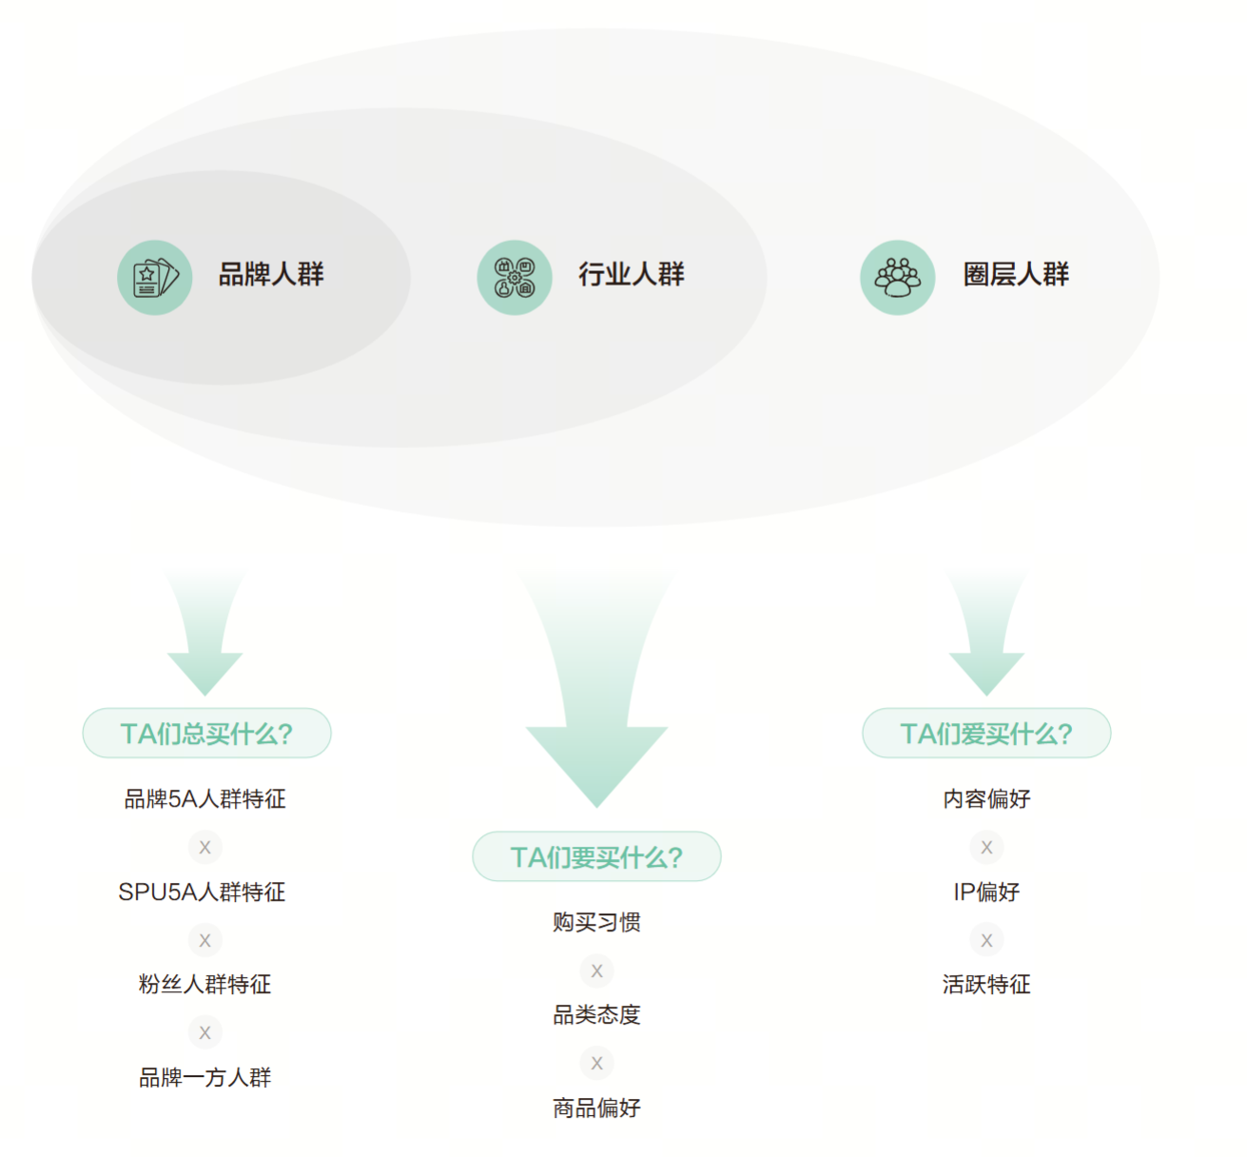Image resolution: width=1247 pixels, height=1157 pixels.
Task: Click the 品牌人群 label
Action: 271,275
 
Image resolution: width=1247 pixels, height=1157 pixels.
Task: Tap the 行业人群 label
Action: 632,275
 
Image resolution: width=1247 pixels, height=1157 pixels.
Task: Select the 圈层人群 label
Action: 1016,275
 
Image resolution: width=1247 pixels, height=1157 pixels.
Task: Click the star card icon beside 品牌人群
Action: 155,277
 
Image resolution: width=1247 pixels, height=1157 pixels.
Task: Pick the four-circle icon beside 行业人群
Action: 515,277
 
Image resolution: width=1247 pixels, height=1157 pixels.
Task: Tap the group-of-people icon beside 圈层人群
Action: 898,277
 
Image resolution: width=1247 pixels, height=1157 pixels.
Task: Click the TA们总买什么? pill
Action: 206,734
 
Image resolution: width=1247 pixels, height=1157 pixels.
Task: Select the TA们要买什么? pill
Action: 596,857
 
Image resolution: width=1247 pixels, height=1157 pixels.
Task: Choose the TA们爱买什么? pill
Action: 986,734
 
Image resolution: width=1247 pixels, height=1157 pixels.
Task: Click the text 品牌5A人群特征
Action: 205,799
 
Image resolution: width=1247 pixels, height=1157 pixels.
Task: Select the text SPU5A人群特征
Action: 202,892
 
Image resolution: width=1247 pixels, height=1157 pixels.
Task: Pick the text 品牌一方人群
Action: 205,1077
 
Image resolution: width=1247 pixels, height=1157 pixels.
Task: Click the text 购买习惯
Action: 596,923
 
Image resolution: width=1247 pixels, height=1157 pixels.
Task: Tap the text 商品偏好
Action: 596,1108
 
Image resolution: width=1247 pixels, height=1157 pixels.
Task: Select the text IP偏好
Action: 986,892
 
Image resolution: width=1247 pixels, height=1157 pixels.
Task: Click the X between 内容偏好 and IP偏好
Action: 986,847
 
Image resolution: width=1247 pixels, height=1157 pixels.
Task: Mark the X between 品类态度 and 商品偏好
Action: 596,1063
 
